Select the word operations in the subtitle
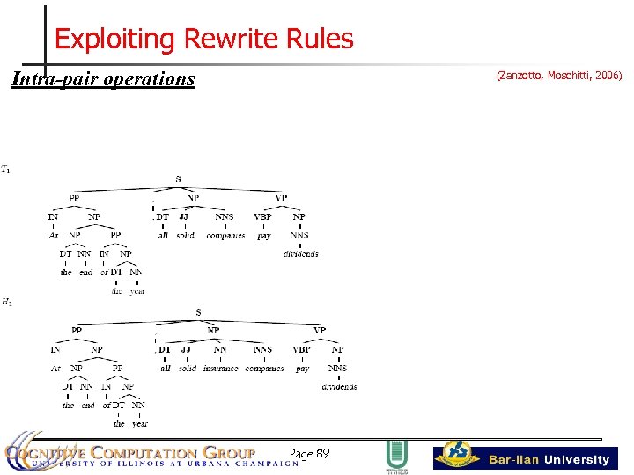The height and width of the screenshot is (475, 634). (x=149, y=79)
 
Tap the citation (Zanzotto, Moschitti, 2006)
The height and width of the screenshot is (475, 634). (x=559, y=77)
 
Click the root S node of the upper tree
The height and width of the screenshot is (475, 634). (x=178, y=179)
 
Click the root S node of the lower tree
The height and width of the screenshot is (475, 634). (x=198, y=312)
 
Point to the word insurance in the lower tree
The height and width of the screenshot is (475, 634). (x=220, y=369)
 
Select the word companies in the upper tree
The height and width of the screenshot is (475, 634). (x=225, y=236)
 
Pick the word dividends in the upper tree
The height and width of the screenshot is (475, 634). (x=300, y=254)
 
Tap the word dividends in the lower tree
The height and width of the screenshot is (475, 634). (x=339, y=387)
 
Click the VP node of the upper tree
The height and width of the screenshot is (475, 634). (x=281, y=198)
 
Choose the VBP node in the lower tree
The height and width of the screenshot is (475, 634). (x=301, y=350)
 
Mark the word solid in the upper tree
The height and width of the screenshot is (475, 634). (x=185, y=236)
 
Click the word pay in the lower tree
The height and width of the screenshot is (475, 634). (x=302, y=369)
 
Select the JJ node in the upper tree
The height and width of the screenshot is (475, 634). (x=183, y=216)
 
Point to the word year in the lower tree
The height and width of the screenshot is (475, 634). (x=140, y=424)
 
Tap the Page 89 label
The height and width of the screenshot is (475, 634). (x=309, y=454)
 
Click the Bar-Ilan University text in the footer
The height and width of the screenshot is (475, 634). (x=549, y=459)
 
